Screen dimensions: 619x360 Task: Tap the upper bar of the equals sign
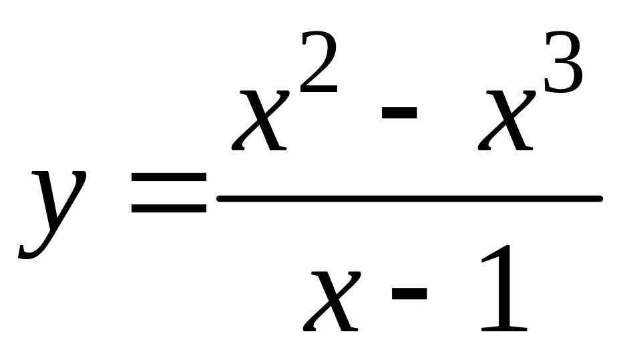point(168,178)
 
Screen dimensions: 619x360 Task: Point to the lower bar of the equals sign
point(168,208)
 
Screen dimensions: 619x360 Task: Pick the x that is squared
point(261,120)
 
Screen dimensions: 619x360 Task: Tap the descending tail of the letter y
point(30,250)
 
